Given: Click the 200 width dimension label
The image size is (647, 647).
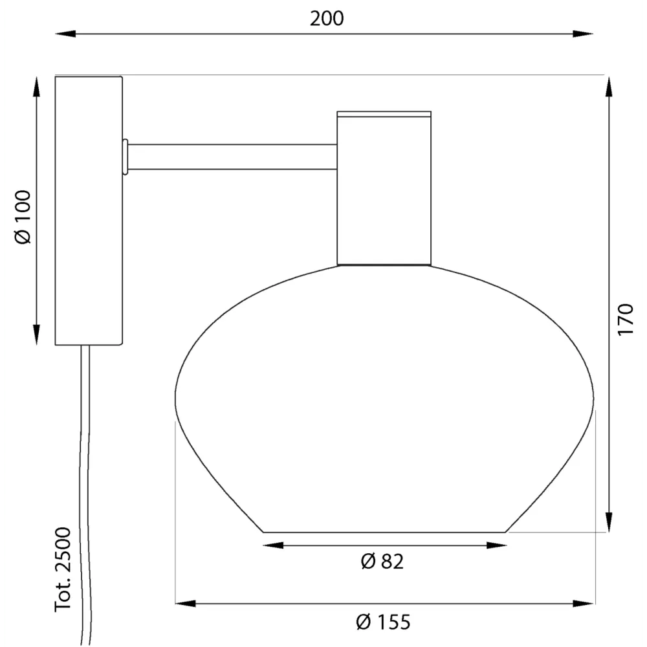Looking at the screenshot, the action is [326, 19].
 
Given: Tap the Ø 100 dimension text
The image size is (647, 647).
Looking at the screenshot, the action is [23, 217].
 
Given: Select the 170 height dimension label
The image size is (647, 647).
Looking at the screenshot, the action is [625, 320].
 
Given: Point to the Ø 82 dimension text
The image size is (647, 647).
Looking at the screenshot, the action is [382, 562].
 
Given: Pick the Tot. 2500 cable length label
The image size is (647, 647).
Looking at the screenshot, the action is [63, 569].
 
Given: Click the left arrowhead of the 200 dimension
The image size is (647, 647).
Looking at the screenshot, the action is [65, 34].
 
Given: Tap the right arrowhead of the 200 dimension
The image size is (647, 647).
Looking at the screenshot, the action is [583, 34].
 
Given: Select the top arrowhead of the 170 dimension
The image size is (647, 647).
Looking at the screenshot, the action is [609, 87].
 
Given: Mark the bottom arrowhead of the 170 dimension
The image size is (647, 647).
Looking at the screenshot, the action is [609, 522].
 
